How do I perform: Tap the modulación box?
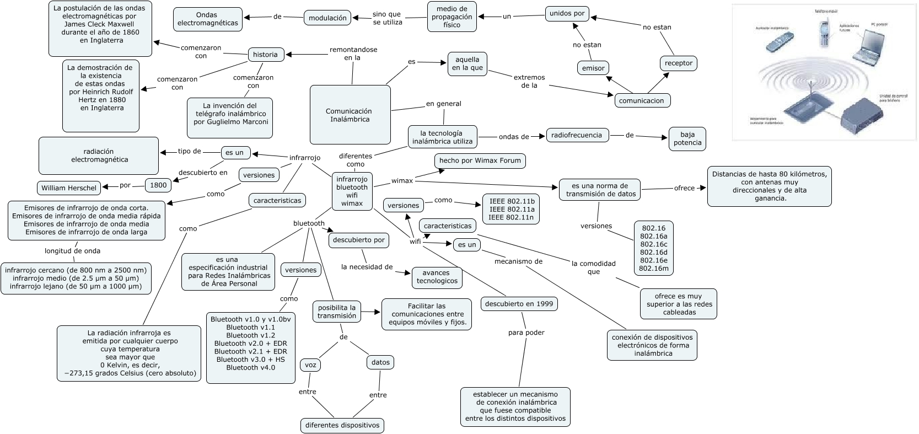click(x=327, y=18)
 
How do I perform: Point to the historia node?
click(x=265, y=55)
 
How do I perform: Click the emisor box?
click(x=593, y=68)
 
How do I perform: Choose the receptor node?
click(x=678, y=63)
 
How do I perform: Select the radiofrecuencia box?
click(x=577, y=135)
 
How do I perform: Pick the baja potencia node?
click(x=687, y=138)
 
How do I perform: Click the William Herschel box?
click(x=69, y=188)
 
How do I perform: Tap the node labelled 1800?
click(x=158, y=185)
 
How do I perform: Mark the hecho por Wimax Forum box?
click(x=480, y=161)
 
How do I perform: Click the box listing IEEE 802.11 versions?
click(x=512, y=209)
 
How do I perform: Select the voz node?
click(x=310, y=365)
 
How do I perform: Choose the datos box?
click(x=380, y=362)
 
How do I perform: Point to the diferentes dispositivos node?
click(x=342, y=425)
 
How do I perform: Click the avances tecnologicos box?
click(x=437, y=277)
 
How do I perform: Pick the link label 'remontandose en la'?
click(x=353, y=53)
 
